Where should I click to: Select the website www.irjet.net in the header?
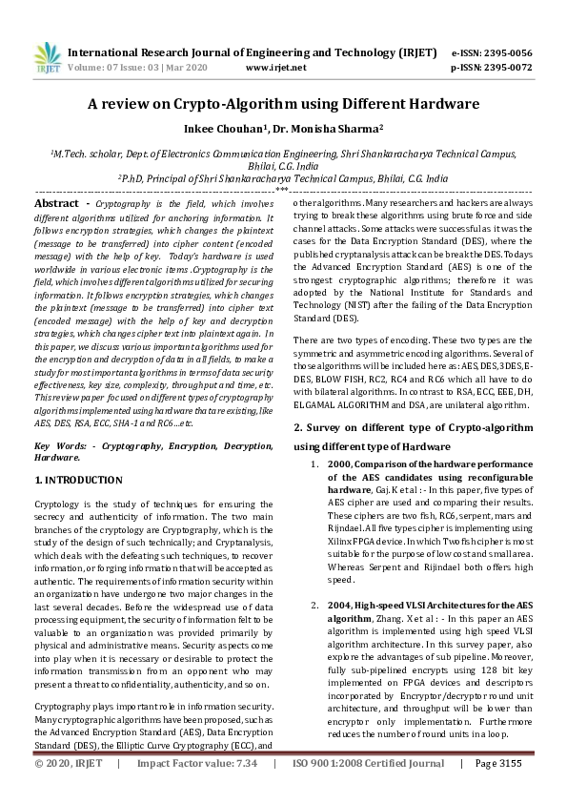pyautogui.click(x=275, y=68)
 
